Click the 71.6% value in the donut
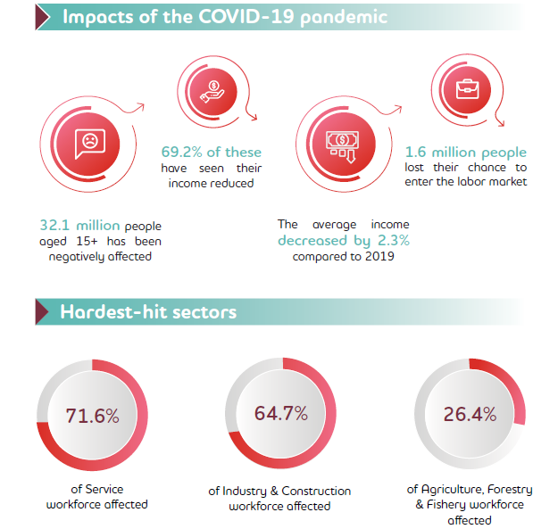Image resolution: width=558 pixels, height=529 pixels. click(92, 416)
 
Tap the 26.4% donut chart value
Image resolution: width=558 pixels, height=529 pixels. click(470, 415)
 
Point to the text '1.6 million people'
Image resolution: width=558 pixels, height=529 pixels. click(465, 153)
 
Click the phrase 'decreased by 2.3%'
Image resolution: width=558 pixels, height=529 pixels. click(344, 241)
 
